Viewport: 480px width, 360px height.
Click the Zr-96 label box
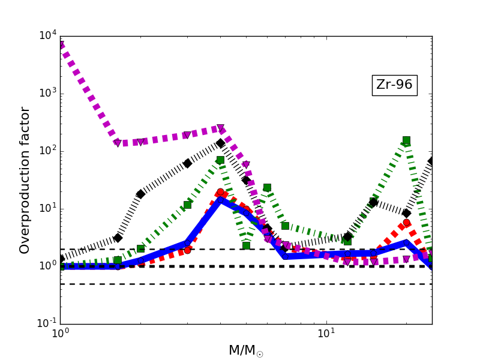click(x=394, y=85)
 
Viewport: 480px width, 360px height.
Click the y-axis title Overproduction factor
click(x=25, y=180)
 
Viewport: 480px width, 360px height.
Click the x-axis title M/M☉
click(x=245, y=350)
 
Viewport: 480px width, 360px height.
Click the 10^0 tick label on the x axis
click(x=60, y=334)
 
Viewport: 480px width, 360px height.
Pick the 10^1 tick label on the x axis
click(x=326, y=334)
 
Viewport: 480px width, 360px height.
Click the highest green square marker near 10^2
click(x=406, y=140)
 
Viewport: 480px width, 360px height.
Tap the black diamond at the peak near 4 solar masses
click(x=220, y=143)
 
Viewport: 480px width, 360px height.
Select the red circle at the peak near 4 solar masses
click(x=220, y=192)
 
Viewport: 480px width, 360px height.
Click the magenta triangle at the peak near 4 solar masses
click(x=220, y=128)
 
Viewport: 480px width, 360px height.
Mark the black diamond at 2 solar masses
click(x=140, y=194)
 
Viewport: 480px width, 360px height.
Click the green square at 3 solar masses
click(x=187, y=205)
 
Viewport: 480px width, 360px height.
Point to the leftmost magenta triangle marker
click(x=118, y=143)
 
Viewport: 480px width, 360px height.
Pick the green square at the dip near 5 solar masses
click(x=246, y=245)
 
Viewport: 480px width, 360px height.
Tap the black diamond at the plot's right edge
click(x=431, y=161)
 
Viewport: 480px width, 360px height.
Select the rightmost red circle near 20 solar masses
click(x=406, y=223)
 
